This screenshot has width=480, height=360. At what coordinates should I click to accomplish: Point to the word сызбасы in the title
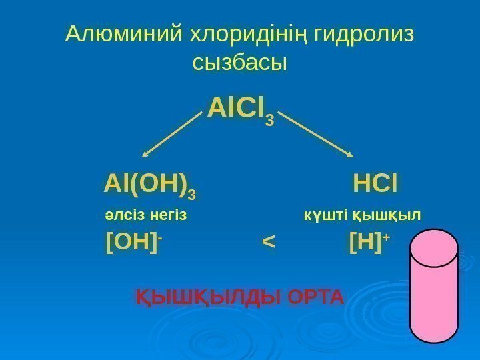pos(239,63)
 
